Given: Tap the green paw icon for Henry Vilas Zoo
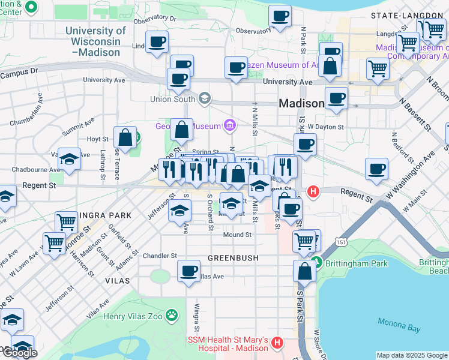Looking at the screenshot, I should coord(172,314).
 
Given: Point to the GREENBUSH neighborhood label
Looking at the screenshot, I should coord(233,258).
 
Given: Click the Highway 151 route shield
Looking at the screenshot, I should coord(341,242).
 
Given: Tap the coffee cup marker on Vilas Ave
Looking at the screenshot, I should coord(189,271).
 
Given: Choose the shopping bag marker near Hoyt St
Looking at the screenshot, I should coord(125,138).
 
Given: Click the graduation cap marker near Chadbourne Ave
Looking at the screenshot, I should coord(70,159).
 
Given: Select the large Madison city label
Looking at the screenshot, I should coord(301,103).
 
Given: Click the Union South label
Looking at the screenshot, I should coord(175,98).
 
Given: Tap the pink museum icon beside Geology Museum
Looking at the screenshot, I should coord(229,125).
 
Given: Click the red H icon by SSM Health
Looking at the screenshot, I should coord(277,344).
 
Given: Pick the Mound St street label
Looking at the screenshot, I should coord(237,235).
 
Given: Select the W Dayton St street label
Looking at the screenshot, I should coord(325,127).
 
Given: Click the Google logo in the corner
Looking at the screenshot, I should coord(19,353).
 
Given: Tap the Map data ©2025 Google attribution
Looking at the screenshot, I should coord(411,355).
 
